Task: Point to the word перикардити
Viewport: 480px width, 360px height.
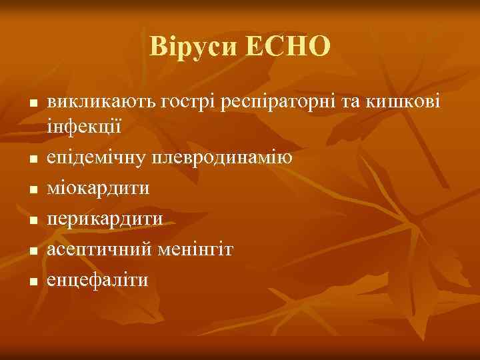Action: [105, 219]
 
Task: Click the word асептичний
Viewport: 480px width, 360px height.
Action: [99, 249]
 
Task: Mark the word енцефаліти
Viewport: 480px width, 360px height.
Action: [97, 280]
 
